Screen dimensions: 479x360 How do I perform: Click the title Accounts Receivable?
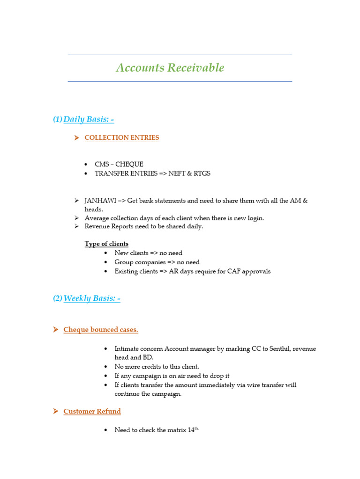[x=170, y=68]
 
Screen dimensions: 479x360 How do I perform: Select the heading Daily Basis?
[x=88, y=119]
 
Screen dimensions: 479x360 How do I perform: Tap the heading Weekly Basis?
[x=91, y=298]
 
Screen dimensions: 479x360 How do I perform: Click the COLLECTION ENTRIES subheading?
[x=121, y=138]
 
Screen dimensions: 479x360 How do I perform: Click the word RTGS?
[x=202, y=174]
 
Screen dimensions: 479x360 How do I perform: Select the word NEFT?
[x=178, y=174]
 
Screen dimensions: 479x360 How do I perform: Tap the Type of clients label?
[x=106, y=244]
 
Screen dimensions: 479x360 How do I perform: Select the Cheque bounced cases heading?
[x=101, y=330]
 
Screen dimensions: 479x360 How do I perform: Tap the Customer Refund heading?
[x=92, y=412]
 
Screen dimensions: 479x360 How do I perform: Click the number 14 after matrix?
[x=191, y=430]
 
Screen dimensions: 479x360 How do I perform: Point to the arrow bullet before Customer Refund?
[x=54, y=412]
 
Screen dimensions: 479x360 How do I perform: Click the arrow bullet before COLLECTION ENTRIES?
[x=76, y=138]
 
